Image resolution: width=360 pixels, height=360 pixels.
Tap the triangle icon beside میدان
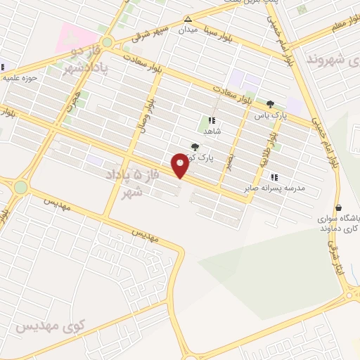pos(188,20)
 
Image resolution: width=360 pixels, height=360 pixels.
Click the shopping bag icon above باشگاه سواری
pos(340,208)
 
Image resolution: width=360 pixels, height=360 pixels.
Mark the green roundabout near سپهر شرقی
pos(107,42)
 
